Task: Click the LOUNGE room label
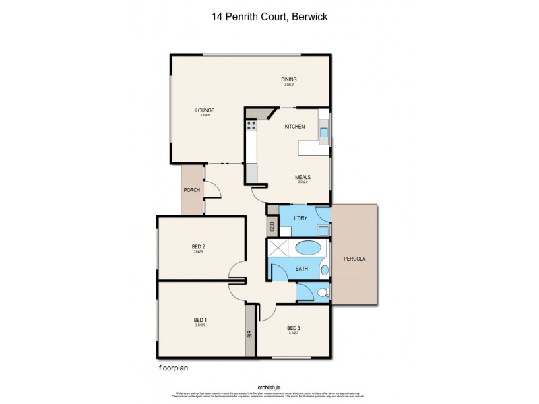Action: (x=205, y=110)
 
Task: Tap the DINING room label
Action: (x=289, y=80)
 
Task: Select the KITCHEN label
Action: (x=294, y=127)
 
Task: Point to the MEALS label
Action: (x=303, y=178)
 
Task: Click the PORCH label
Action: (x=192, y=190)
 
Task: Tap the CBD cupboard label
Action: (x=272, y=227)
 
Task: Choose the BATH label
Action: (x=302, y=269)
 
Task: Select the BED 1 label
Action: (x=200, y=319)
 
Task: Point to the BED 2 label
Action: (x=198, y=246)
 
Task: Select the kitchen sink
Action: (x=323, y=133)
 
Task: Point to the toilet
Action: (x=323, y=292)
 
